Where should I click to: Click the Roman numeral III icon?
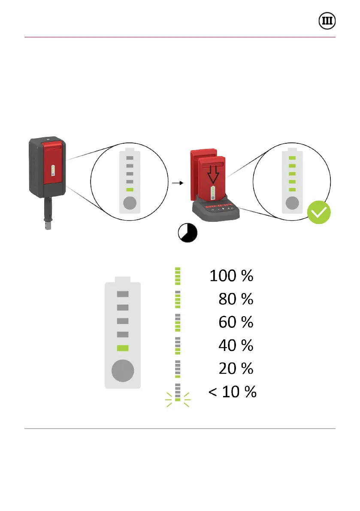[x=327, y=21]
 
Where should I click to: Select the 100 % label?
[x=231, y=276]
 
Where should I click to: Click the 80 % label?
[x=236, y=299]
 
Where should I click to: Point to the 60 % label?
[x=236, y=322]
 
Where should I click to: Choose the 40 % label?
[x=236, y=345]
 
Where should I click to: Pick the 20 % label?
[x=236, y=369]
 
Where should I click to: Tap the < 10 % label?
[x=232, y=392]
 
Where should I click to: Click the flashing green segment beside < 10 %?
[x=178, y=399]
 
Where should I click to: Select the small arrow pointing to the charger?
[x=177, y=183]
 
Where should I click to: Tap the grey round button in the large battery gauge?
[x=123, y=370]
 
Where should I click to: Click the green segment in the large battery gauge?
[x=123, y=348]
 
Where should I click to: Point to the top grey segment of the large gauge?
[x=123, y=294]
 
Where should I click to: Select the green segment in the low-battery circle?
[x=130, y=190]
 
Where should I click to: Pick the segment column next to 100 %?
[x=178, y=276]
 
